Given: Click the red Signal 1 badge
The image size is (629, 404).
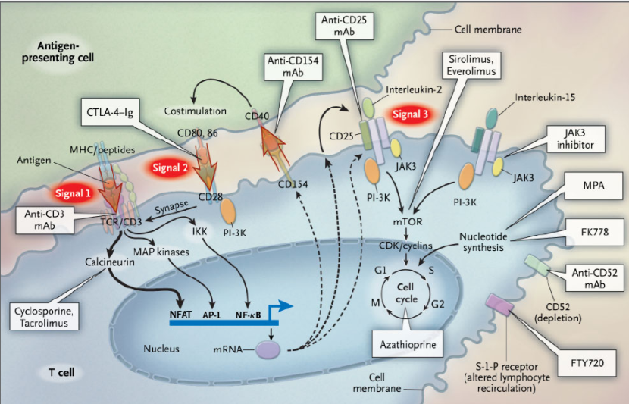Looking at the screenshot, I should (x=72, y=193).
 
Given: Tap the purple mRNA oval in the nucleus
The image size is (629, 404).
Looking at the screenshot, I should (x=268, y=349).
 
